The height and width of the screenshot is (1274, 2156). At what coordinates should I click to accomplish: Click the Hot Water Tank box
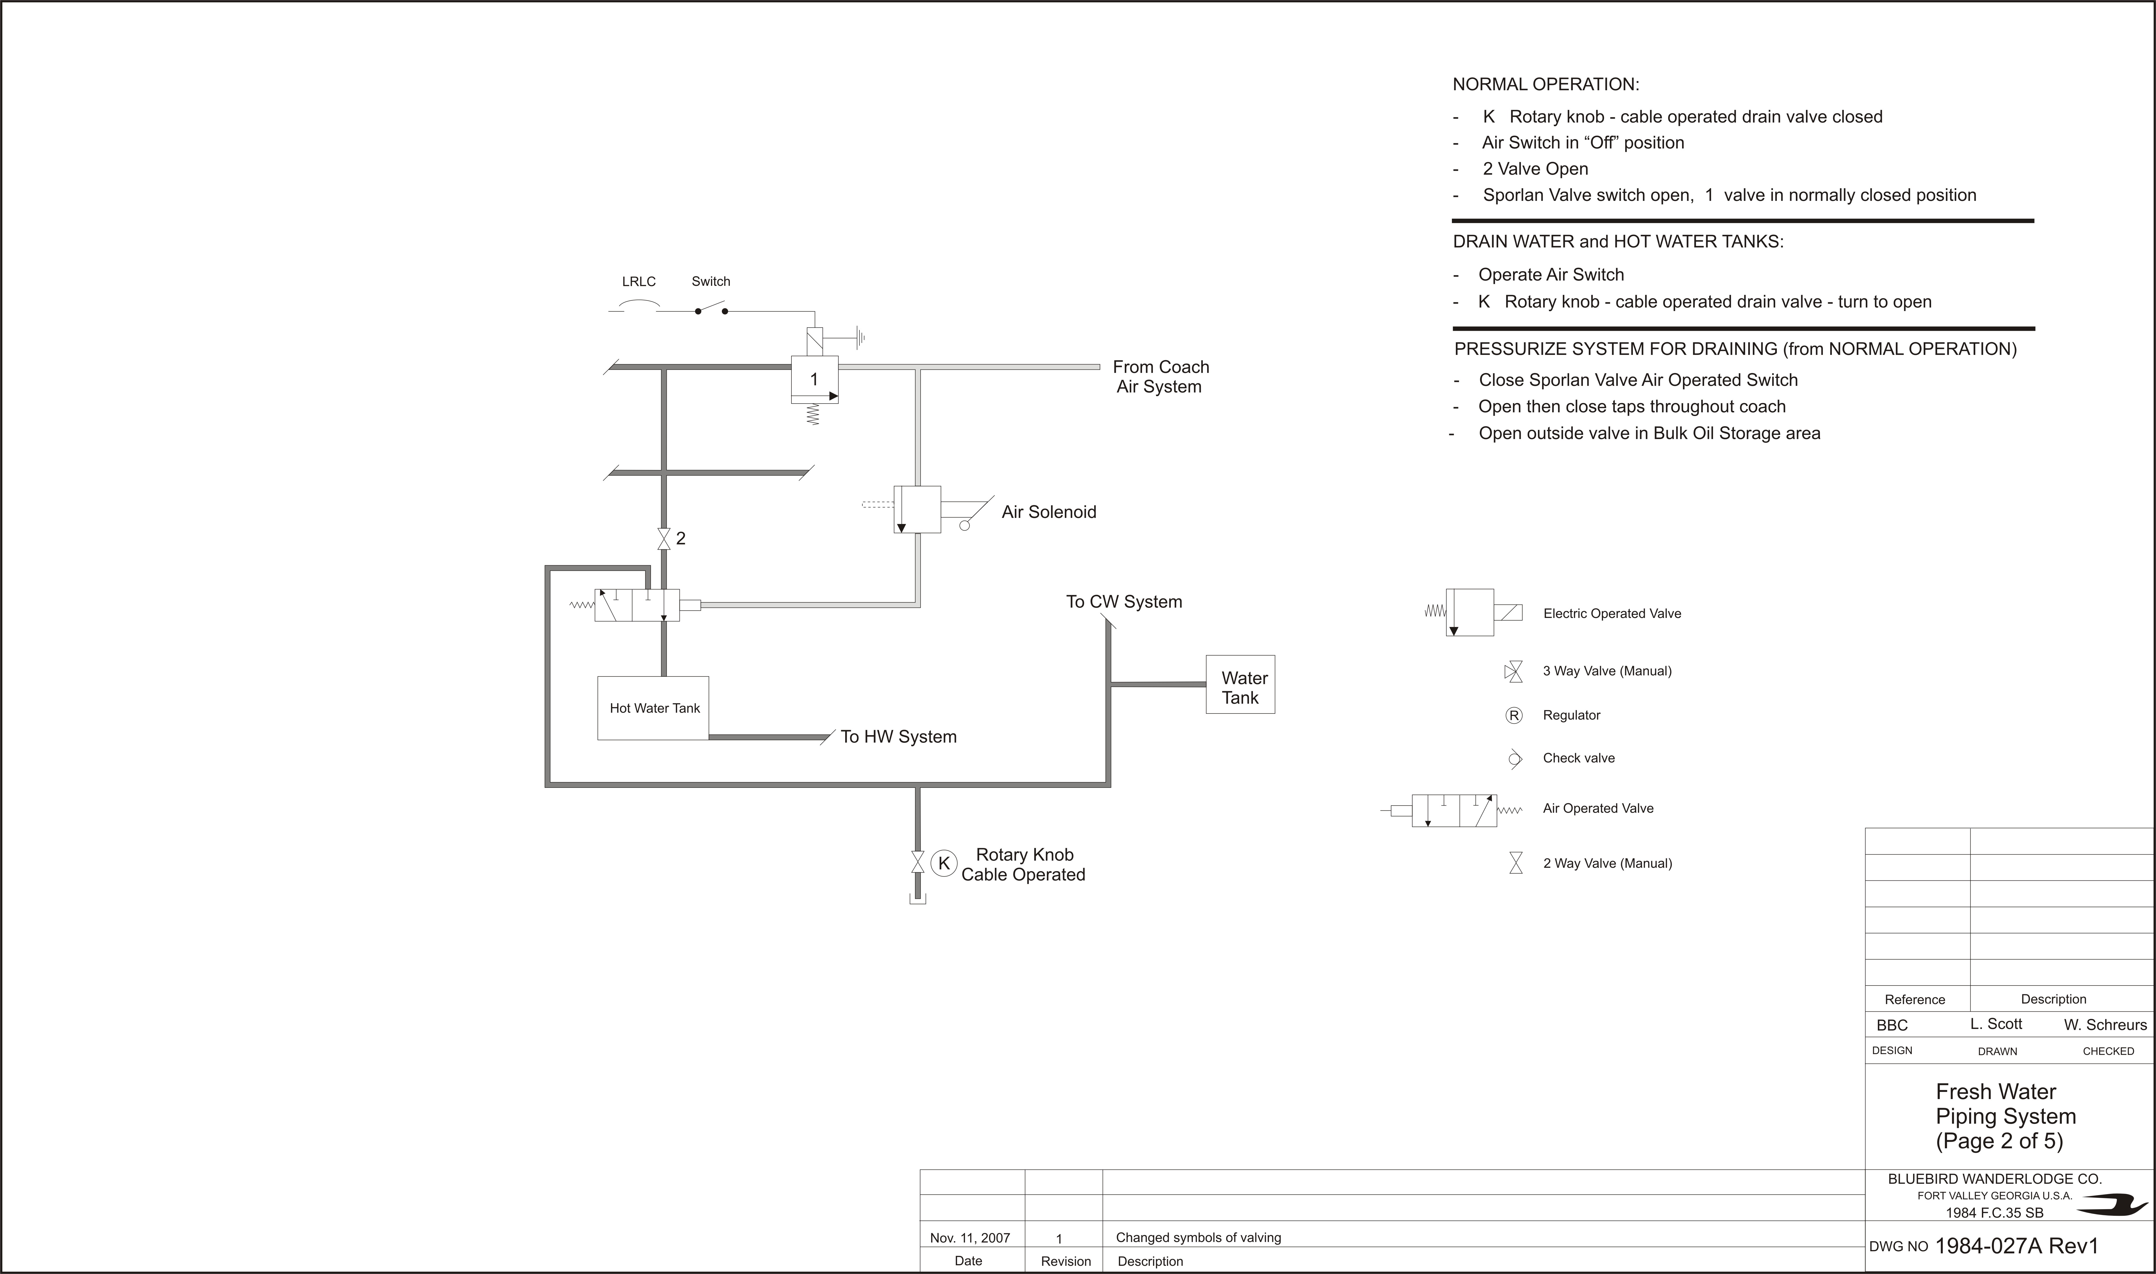tap(653, 708)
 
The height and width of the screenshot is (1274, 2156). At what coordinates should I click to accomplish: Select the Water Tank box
tap(1240, 684)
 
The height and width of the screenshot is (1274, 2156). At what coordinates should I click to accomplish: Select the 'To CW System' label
tap(1124, 602)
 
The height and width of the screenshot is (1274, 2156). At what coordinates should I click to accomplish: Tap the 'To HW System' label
tap(899, 737)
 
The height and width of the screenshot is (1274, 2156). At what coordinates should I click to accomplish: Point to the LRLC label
tap(638, 282)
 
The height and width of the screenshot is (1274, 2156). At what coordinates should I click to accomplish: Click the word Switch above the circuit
tap(711, 282)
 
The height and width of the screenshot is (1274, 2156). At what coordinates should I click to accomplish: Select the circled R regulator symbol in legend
tap(1514, 715)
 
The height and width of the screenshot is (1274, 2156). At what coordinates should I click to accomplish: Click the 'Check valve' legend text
tap(1578, 758)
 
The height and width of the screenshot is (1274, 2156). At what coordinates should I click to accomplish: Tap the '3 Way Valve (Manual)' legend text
tap(1607, 671)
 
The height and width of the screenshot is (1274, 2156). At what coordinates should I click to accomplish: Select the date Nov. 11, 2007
tap(970, 1238)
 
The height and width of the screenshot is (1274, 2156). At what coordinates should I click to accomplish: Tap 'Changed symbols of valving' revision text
tap(1198, 1238)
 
